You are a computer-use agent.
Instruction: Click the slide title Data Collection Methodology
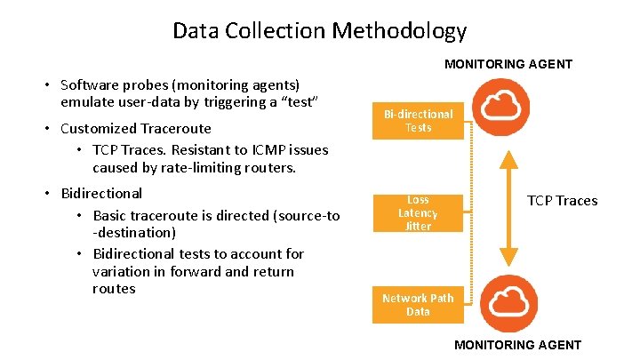tap(319, 31)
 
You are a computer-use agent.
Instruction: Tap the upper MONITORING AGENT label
tap(508, 64)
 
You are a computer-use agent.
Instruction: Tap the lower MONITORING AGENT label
tap(518, 345)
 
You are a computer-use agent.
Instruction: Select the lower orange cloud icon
tap(508, 303)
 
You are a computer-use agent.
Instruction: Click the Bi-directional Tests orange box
tap(418, 121)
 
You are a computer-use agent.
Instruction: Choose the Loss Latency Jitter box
tap(418, 213)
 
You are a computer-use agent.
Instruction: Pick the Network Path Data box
tap(418, 305)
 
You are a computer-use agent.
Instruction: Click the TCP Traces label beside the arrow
tap(563, 201)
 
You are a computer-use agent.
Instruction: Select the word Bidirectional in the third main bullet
tap(101, 193)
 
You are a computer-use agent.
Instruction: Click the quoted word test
tap(300, 102)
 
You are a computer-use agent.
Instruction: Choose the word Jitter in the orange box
tap(418, 227)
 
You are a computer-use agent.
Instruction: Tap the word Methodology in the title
tap(399, 31)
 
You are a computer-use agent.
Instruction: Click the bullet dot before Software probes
tap(49, 85)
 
